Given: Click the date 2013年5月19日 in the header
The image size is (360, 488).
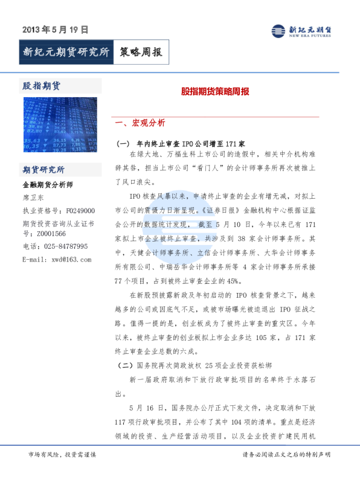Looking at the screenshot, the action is [56, 28].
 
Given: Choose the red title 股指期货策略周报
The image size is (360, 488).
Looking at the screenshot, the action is [215, 94].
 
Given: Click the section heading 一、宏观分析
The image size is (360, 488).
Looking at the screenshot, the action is [144, 123].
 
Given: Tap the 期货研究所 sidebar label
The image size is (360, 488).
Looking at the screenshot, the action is [43, 170].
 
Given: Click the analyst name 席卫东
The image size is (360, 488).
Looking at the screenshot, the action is [33, 197].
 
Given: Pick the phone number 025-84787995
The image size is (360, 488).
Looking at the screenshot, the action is [63, 246].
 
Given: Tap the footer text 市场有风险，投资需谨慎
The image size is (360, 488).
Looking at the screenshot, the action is [62, 454].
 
